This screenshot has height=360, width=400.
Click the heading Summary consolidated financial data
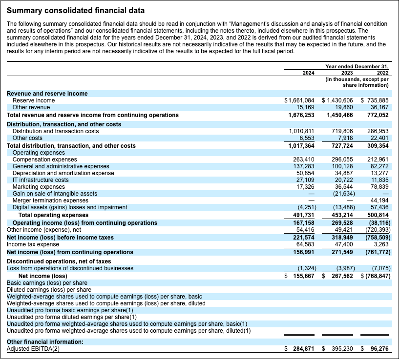(x=75, y=10)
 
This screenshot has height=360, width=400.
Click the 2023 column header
(x=346, y=73)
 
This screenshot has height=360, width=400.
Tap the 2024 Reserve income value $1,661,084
(x=299, y=100)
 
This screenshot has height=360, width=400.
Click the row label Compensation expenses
(x=44, y=160)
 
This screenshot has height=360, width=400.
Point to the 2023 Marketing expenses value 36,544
(x=342, y=187)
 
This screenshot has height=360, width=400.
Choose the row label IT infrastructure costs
(x=41, y=180)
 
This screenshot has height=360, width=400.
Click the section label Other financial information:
(x=45, y=342)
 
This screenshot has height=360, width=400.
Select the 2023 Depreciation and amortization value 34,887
(x=342, y=173)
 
